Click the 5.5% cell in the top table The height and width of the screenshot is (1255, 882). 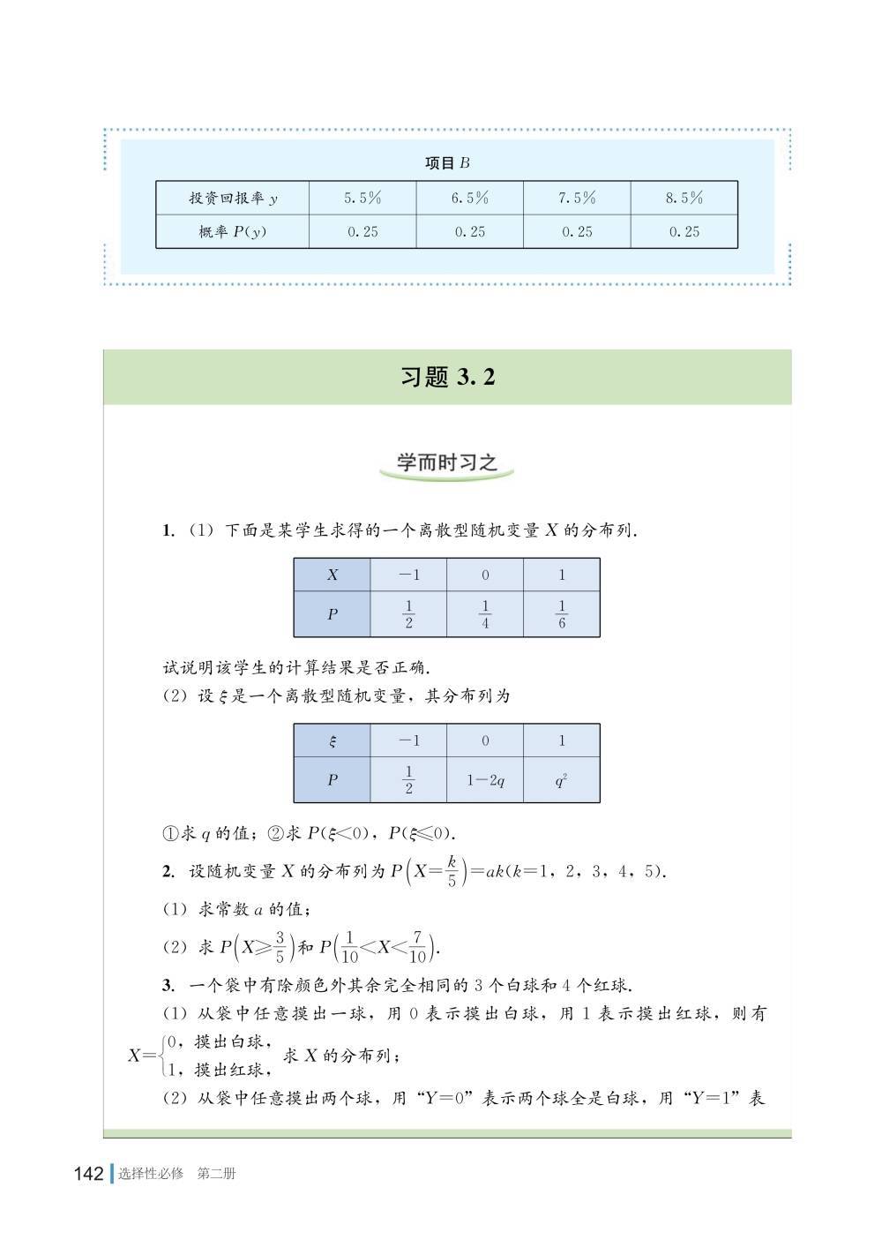363,198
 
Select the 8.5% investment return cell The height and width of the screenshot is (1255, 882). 684,198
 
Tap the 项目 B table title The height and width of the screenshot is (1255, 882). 447,162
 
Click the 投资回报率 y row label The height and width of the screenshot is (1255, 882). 233,198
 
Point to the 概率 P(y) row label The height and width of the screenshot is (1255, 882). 233,232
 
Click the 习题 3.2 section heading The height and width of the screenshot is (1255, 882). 447,378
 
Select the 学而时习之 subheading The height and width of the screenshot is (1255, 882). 446,462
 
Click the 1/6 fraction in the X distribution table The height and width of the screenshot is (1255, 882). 562,614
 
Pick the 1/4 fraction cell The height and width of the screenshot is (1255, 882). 485,614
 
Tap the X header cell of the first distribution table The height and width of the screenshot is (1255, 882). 333,575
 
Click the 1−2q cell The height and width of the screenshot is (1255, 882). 485,781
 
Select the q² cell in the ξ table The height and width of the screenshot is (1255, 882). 562,781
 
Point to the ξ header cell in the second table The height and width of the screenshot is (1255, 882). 333,741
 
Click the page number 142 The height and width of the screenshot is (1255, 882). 89,1174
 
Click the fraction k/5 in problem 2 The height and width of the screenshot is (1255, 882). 451,872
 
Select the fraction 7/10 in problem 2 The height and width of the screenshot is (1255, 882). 417,948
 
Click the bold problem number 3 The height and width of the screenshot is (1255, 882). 167,986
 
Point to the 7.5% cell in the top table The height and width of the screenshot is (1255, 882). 577,198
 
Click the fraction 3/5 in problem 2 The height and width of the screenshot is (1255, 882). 280,948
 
